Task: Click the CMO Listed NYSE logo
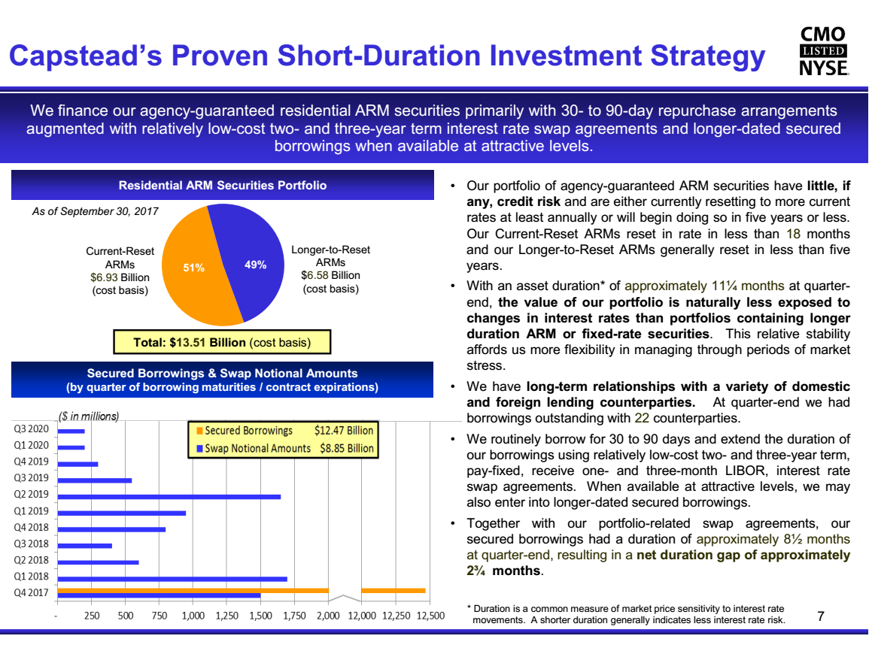tap(823, 51)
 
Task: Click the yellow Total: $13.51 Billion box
tap(222, 342)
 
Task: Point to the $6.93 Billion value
tap(120, 277)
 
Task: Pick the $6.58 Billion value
tap(330, 275)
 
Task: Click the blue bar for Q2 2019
tap(169, 497)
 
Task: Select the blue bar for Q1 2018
tap(172, 579)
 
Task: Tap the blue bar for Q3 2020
tap(71, 431)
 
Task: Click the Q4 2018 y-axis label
tap(31, 527)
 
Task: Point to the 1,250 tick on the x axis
tap(226, 616)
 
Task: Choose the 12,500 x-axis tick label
tap(430, 616)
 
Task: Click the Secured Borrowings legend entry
tap(244, 431)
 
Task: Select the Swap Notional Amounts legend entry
tap(254, 448)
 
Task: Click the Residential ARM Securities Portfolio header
tap(222, 185)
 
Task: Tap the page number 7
tap(821, 616)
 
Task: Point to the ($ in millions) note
tap(89, 416)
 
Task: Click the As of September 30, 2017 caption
tap(95, 211)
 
